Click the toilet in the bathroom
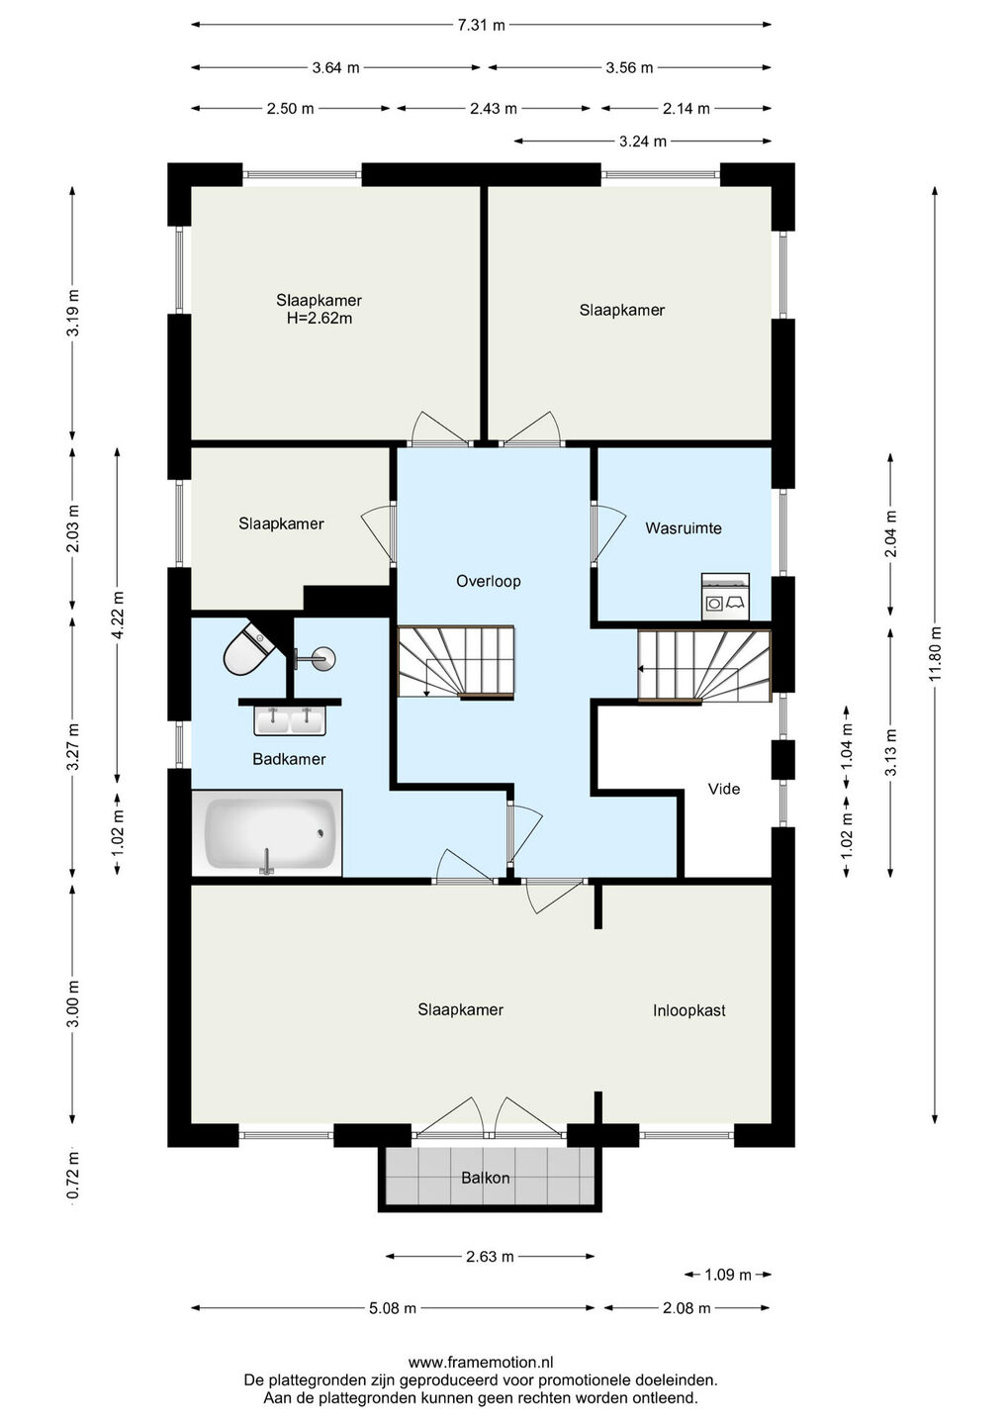tap(249, 648)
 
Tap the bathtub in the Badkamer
tap(267, 833)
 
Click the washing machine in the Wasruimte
tap(725, 596)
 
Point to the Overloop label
tap(489, 581)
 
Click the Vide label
tap(724, 789)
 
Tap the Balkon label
tap(486, 1178)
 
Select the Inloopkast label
tap(689, 1010)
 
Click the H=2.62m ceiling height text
tap(320, 318)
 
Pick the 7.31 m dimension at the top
tap(482, 25)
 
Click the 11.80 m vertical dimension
tap(934, 653)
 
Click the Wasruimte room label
tap(684, 528)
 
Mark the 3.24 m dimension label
tap(643, 142)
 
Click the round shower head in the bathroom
tap(324, 658)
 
